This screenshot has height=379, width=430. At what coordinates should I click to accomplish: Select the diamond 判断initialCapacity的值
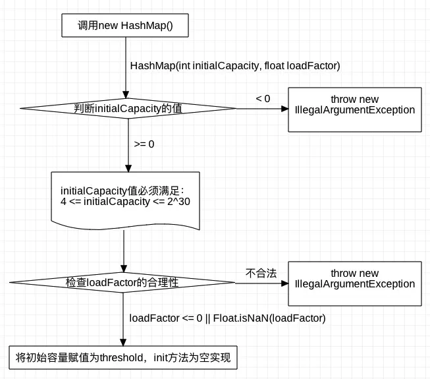coord(128,109)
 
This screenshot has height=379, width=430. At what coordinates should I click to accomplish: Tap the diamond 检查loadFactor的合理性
coord(122,282)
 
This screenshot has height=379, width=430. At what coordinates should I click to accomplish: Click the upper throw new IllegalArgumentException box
coord(354,109)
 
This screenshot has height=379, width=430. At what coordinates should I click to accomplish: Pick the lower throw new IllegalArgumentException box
coord(354,283)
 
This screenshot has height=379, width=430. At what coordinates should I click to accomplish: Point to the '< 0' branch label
coord(263,99)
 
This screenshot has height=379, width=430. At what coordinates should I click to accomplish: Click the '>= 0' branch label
coord(144,144)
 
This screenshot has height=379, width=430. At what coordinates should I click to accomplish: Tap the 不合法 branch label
coord(261,272)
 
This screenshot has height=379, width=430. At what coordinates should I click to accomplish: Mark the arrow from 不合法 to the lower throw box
coord(262,283)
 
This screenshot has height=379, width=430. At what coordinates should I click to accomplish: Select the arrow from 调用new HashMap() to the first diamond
coord(124,66)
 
